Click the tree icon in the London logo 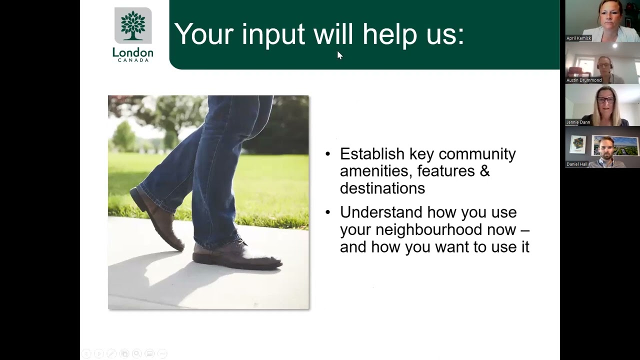tap(132, 25)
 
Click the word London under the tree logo tap(132, 52)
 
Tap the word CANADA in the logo tap(132, 60)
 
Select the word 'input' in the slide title tap(273, 34)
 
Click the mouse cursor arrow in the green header tap(339, 55)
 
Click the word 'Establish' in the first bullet tap(372, 153)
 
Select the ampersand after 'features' tap(484, 171)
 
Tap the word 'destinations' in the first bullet tap(382, 188)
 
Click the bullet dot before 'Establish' tap(328, 154)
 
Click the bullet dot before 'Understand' tap(328, 212)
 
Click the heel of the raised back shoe tap(137, 195)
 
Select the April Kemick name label tap(578, 38)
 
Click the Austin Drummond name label tap(583, 80)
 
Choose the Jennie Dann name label tap(578, 122)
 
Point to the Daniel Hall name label tap(577, 164)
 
